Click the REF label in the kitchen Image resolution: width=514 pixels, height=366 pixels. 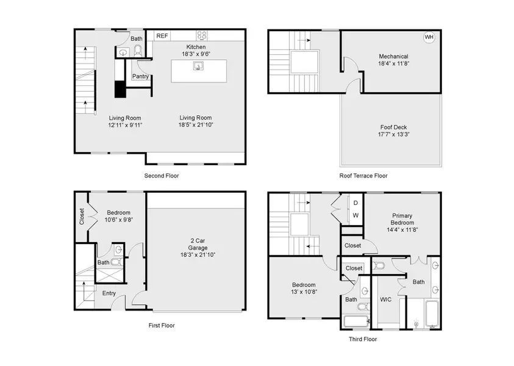(x=162, y=36)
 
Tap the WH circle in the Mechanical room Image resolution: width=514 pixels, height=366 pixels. (x=429, y=37)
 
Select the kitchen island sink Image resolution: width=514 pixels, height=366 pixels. (x=198, y=66)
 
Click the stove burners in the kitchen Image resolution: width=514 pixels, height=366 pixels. (x=202, y=35)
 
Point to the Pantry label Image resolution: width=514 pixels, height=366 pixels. (x=140, y=76)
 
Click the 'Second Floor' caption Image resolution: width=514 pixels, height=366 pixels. (x=162, y=176)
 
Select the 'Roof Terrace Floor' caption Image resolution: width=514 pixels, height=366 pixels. (x=363, y=176)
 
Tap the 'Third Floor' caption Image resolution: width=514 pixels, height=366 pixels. (x=362, y=339)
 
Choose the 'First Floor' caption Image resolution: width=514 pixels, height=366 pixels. (x=162, y=325)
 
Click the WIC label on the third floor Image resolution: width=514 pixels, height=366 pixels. (x=385, y=300)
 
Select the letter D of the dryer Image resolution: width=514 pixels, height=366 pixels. (x=355, y=203)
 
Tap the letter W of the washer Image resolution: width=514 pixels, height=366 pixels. (x=355, y=216)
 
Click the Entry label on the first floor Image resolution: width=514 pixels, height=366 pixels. (x=109, y=293)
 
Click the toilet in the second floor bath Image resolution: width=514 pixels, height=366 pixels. (x=138, y=51)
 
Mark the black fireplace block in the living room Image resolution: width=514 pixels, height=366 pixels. (x=120, y=90)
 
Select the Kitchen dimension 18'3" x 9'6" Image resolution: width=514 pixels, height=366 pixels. (x=196, y=54)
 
